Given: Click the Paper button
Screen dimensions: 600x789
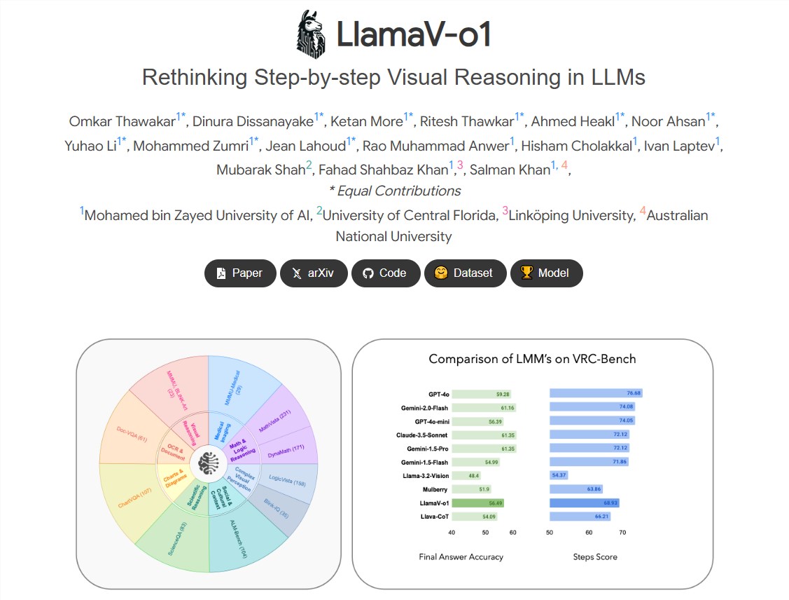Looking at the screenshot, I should (x=239, y=273).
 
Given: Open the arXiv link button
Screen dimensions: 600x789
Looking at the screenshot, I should (x=314, y=273).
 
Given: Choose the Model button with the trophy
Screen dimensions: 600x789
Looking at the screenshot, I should (x=545, y=273).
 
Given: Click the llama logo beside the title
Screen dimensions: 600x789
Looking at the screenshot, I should (x=311, y=34).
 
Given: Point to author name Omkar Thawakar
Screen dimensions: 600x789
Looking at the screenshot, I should (x=122, y=121).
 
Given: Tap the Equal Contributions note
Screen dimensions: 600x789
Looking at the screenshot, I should (x=395, y=191).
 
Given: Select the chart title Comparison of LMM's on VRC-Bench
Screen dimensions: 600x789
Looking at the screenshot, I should (x=532, y=359).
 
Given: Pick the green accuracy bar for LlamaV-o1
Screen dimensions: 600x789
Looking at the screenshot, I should (x=477, y=503).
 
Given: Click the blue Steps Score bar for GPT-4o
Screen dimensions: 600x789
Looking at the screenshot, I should (x=595, y=393).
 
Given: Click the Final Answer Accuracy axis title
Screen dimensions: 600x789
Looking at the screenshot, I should (x=461, y=557).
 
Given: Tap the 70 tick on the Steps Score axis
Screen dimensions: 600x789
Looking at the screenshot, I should (x=622, y=533).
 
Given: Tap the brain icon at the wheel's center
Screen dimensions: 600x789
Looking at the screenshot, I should (x=209, y=463).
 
